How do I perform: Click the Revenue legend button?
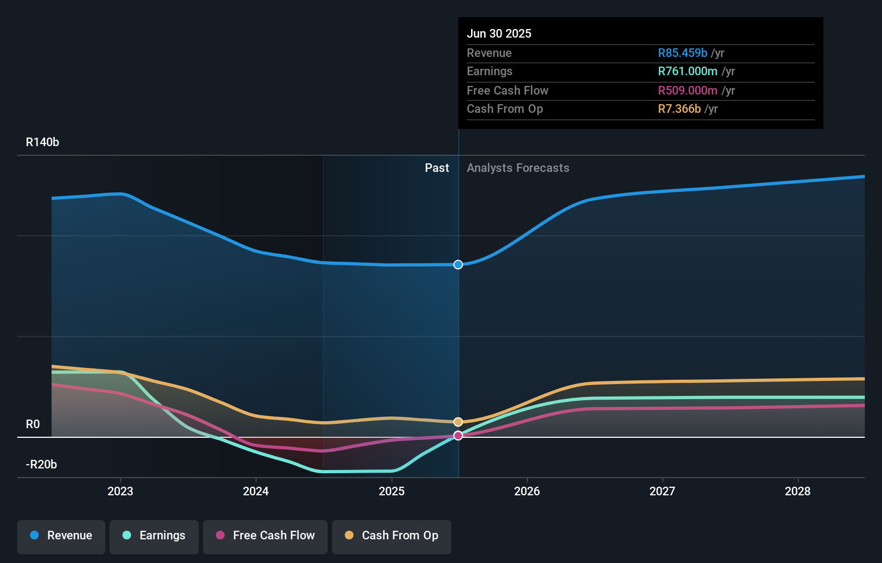pos(61,536)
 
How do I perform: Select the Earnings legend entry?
pos(154,536)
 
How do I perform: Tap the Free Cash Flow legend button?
pos(265,536)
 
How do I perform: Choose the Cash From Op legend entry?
pos(392,536)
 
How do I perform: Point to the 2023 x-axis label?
pos(120,491)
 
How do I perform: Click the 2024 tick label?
pos(256,491)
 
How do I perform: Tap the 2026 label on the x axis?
pos(527,491)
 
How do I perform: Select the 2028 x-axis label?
pos(798,491)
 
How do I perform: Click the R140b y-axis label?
pos(42,142)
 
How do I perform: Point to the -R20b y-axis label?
pos(41,465)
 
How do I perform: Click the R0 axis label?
pos(33,424)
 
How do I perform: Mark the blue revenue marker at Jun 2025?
pos(458,264)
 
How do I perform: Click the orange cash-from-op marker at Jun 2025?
pos(458,422)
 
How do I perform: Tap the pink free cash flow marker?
pos(458,436)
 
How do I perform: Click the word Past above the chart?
pos(437,168)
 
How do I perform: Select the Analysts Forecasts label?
pos(518,168)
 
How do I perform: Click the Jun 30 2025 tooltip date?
pos(499,33)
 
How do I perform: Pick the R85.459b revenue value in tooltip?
pos(683,53)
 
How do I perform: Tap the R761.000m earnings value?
pos(688,71)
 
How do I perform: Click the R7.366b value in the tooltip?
pos(679,109)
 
